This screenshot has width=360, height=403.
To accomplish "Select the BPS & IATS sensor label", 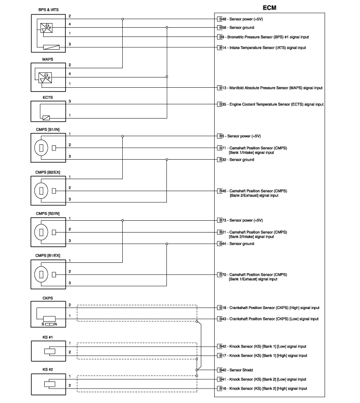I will click(x=49, y=9).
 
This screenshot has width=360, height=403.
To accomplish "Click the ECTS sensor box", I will click(x=49, y=110).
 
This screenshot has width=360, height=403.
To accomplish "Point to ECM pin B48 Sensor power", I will click(x=241, y=18).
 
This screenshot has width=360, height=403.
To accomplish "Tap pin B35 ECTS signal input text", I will click(x=271, y=104).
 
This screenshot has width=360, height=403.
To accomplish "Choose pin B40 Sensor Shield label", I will click(x=239, y=370).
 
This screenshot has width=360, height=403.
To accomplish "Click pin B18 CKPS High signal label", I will click(x=269, y=308).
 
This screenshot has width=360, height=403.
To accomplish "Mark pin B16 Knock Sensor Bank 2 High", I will click(x=263, y=389).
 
